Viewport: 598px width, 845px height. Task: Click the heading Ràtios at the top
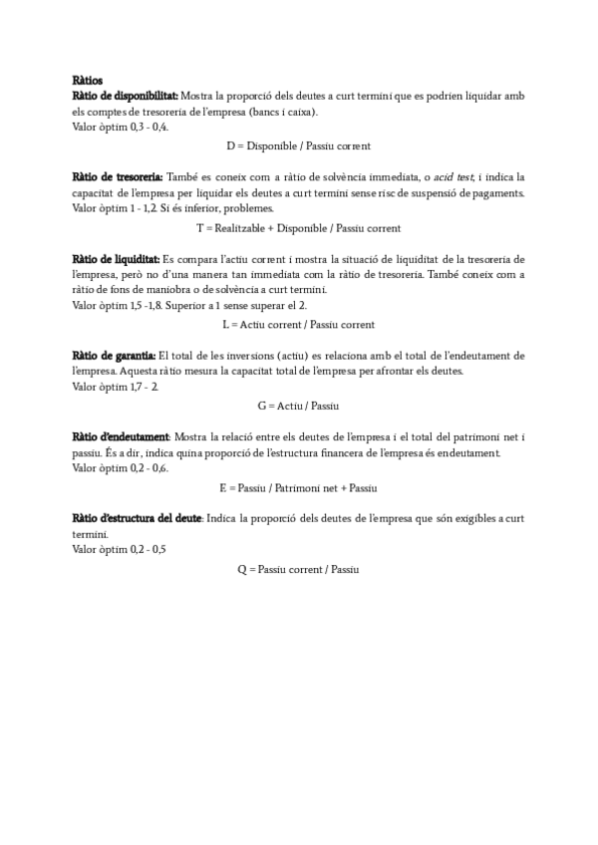87,79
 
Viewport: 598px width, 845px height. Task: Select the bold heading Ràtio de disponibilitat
126,96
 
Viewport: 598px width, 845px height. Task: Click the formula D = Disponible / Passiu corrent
299,145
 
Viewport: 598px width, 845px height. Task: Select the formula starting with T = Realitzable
299,227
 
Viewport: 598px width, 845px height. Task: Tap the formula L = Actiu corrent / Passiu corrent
299,324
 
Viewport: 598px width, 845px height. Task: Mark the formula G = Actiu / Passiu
299,406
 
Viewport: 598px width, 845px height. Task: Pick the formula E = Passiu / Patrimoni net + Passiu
299,487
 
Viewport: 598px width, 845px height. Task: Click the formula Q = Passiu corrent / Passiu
299,569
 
